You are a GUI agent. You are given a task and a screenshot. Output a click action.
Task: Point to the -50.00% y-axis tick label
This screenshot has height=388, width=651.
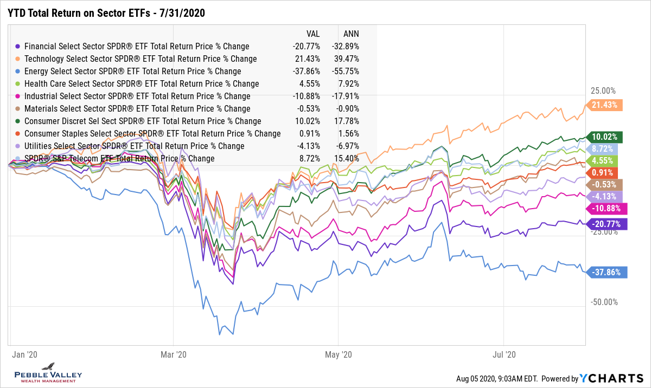pos(602,302)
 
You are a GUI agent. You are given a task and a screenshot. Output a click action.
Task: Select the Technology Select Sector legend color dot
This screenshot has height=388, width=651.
pos(19,59)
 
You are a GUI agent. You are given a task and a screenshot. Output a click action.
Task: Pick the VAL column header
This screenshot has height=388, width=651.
pos(312,34)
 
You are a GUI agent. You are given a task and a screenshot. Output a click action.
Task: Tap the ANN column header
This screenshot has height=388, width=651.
pos(351,34)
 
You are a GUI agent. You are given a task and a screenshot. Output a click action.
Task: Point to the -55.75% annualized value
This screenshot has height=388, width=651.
pos(346,71)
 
